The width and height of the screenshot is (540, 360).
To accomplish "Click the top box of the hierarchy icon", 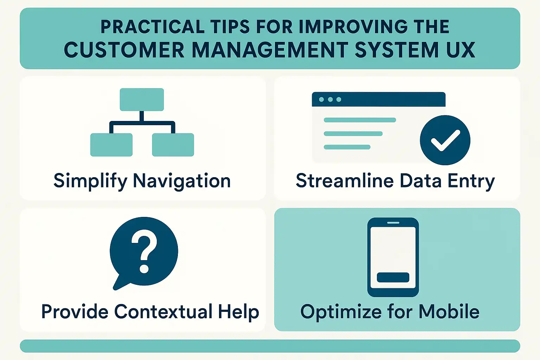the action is click(x=142, y=99).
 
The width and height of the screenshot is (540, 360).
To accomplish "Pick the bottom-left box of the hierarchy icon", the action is click(x=111, y=145).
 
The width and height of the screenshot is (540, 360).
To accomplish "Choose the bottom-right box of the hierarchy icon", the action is click(x=173, y=145).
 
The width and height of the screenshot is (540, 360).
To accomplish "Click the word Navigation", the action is click(x=182, y=181).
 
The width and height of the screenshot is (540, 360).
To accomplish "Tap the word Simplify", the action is click(x=90, y=181).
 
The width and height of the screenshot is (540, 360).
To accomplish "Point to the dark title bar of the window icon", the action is click(x=379, y=99).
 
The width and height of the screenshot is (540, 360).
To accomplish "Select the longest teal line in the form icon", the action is click(x=360, y=120).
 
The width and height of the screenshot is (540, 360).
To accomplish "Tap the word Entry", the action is click(x=471, y=181).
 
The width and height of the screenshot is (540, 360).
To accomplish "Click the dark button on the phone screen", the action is click(x=393, y=277).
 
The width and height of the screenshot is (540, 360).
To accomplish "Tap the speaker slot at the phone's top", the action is click(x=393, y=223).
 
